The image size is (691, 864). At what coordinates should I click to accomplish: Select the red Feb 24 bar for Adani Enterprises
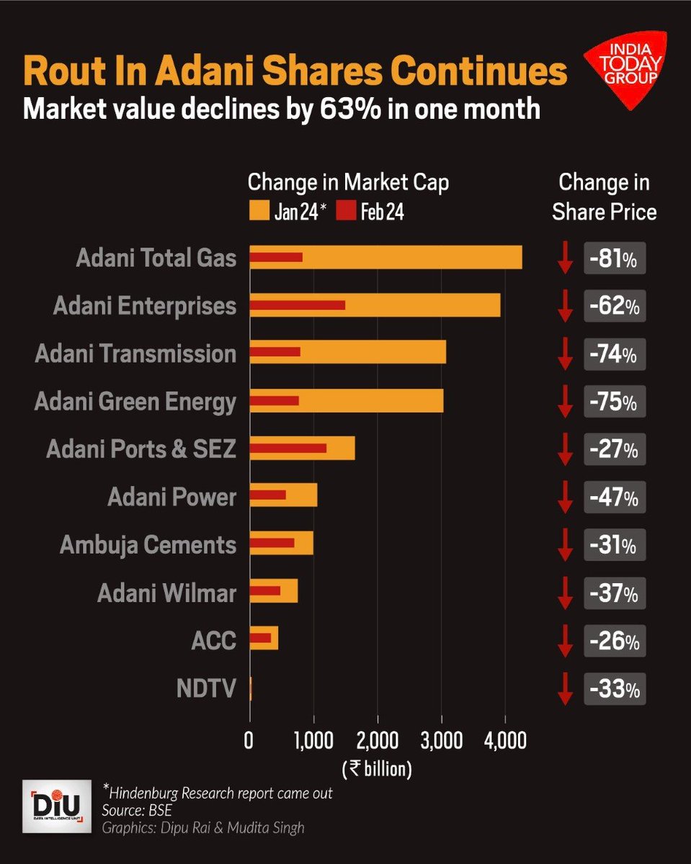tap(297, 305)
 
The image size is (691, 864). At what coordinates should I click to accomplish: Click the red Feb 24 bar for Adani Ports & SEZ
tap(287, 448)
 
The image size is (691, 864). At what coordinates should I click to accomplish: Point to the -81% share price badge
tap(614, 258)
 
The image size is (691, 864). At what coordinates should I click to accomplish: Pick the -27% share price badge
tap(614, 450)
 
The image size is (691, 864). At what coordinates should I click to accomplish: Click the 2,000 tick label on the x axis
tap(377, 740)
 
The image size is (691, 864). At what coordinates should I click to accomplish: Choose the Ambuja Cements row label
tap(148, 545)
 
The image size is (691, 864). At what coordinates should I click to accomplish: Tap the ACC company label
tap(215, 641)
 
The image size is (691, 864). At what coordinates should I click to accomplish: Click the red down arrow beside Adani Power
tap(566, 498)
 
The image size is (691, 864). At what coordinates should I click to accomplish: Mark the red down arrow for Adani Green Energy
tap(566, 402)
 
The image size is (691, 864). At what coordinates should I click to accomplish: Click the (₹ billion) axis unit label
tap(376, 768)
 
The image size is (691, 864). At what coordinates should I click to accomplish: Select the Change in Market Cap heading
tap(348, 183)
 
